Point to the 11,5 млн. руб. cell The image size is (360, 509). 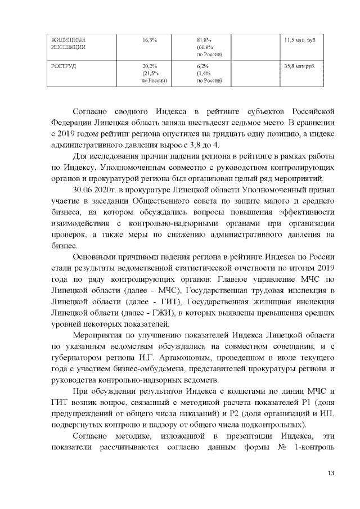pyautogui.click(x=299, y=40)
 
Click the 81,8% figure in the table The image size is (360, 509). pyautogui.click(x=204, y=40)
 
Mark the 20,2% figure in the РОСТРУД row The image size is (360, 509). pyautogui.click(x=150, y=66)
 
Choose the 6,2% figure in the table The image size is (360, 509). pyautogui.click(x=202, y=66)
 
